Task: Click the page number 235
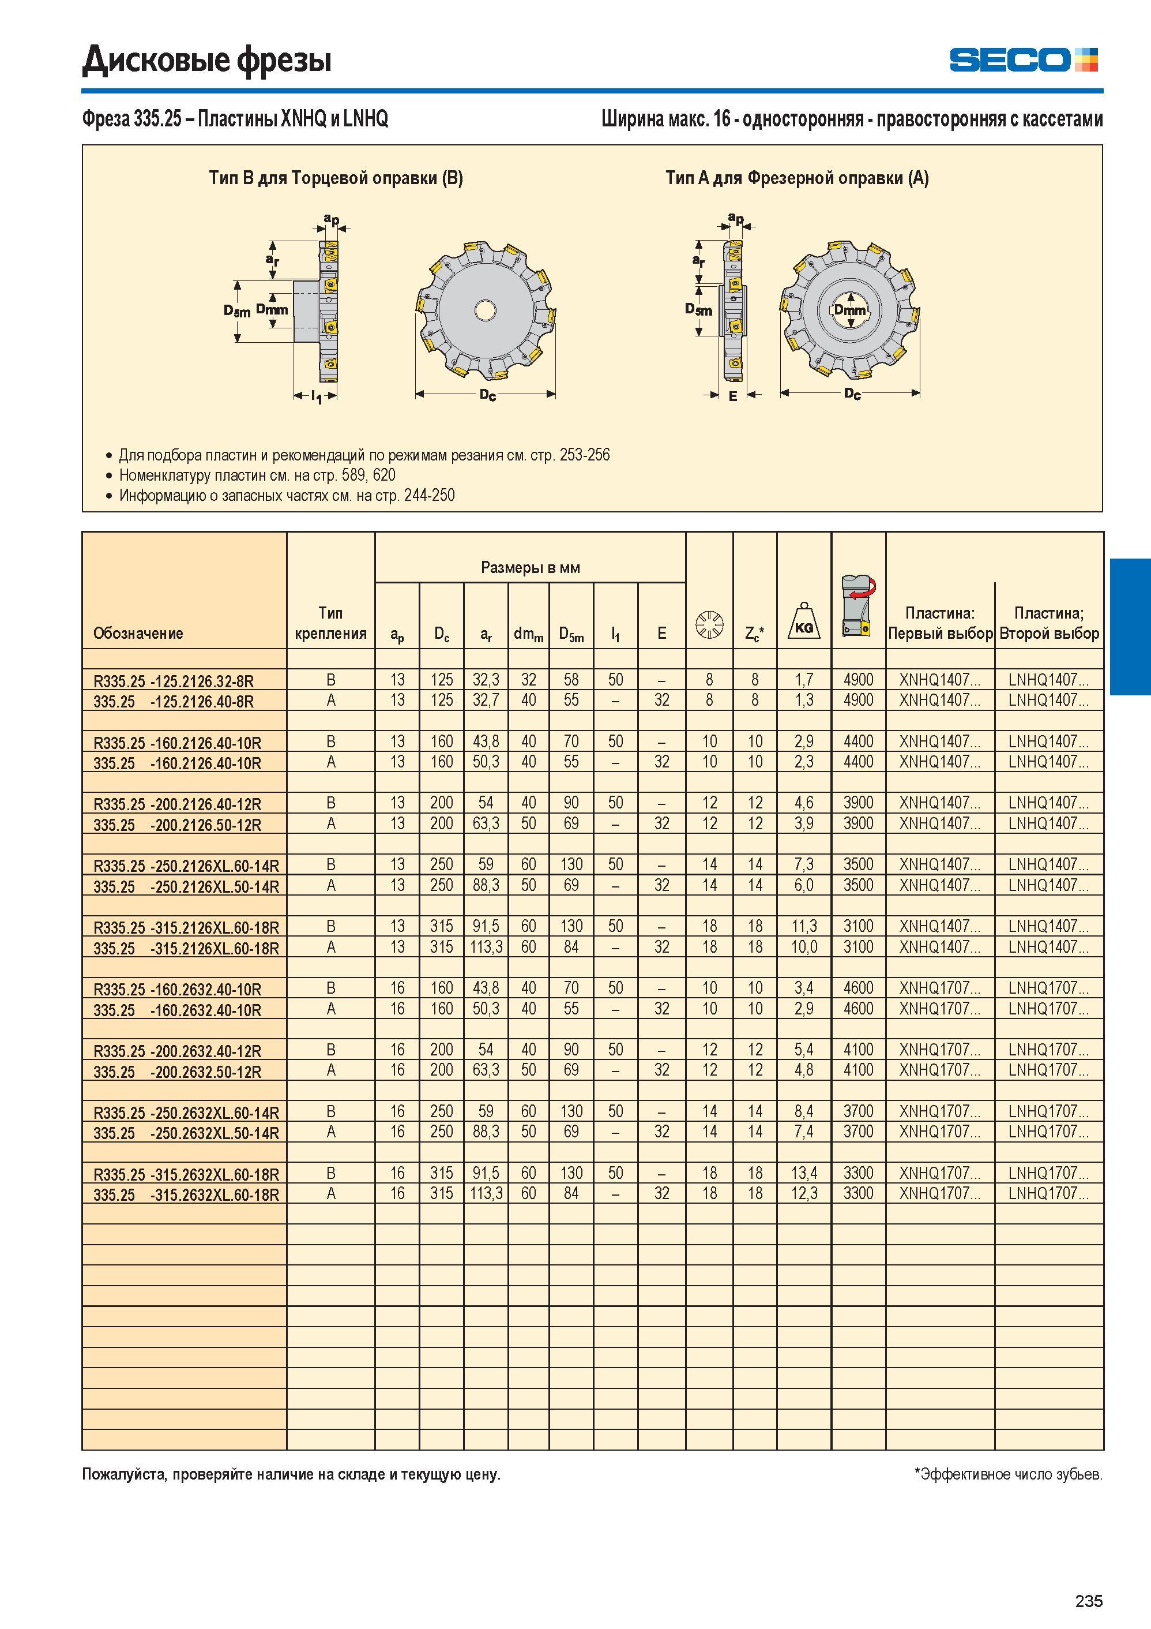(x=1089, y=1600)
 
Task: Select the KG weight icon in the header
(x=803, y=621)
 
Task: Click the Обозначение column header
(x=138, y=633)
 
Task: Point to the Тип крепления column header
(x=330, y=623)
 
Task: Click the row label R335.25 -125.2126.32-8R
(x=173, y=681)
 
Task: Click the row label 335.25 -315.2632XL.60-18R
(x=186, y=1195)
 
